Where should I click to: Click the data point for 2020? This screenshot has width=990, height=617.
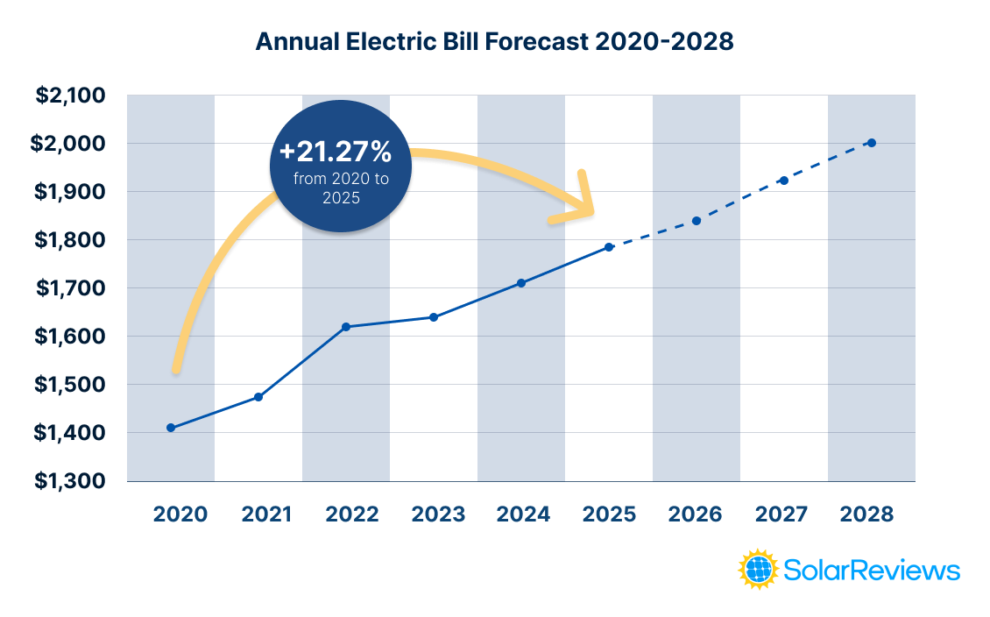tap(171, 428)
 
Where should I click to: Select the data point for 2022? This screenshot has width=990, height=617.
tap(346, 327)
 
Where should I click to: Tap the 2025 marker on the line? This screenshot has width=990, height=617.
tap(609, 247)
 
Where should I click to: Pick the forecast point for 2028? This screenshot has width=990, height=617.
tap(872, 143)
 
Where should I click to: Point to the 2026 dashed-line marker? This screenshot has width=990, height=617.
tap(697, 221)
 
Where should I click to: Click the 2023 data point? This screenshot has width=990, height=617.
tap(434, 317)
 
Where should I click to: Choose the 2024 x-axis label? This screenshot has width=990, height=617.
tap(523, 514)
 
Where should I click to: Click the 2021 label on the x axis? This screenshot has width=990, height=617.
tap(266, 514)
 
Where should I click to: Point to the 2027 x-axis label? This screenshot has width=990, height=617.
tap(781, 514)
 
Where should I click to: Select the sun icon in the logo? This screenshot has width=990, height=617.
tap(759, 570)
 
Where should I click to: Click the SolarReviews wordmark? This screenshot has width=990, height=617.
tap(872, 571)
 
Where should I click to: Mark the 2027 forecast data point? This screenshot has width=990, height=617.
tap(784, 181)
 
